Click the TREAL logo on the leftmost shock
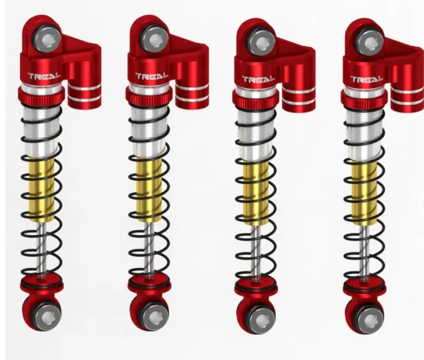coord(44,76)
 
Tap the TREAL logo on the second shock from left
coord(151,76)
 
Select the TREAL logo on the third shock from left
coord(258,79)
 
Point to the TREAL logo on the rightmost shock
coord(367,79)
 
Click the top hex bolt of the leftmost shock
coord(47,40)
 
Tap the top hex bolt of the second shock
coord(155,40)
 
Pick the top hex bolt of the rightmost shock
coord(370,43)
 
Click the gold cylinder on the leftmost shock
coord(42,190)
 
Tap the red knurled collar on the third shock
coord(255,99)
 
